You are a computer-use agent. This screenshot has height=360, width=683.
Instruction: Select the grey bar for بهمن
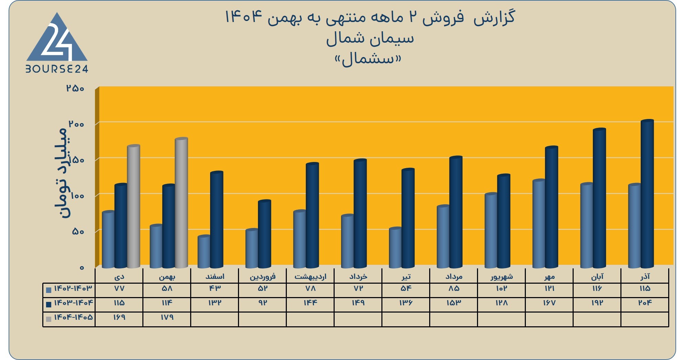181,203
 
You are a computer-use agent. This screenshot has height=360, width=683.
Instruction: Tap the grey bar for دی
133,206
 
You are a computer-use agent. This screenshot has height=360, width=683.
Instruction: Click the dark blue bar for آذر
647,194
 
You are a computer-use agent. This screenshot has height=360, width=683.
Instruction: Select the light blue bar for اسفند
204,252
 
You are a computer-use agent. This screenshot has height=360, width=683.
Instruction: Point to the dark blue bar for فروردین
264,234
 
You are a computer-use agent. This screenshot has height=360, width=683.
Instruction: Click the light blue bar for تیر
395,248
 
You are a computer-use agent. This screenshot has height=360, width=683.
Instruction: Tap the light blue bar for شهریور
491,230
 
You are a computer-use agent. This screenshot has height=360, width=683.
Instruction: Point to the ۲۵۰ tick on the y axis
75,88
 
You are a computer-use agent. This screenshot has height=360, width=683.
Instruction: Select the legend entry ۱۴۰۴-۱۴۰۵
69,317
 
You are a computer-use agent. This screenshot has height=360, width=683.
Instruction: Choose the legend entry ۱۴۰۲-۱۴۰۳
69,288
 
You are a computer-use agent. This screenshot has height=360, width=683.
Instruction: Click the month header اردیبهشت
310,276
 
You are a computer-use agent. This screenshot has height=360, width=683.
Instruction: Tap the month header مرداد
454,276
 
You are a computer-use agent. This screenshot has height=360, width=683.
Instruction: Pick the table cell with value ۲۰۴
645,303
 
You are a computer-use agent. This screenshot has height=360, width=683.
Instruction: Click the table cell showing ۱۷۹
167,317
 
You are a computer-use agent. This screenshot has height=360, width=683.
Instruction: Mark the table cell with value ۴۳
215,288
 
